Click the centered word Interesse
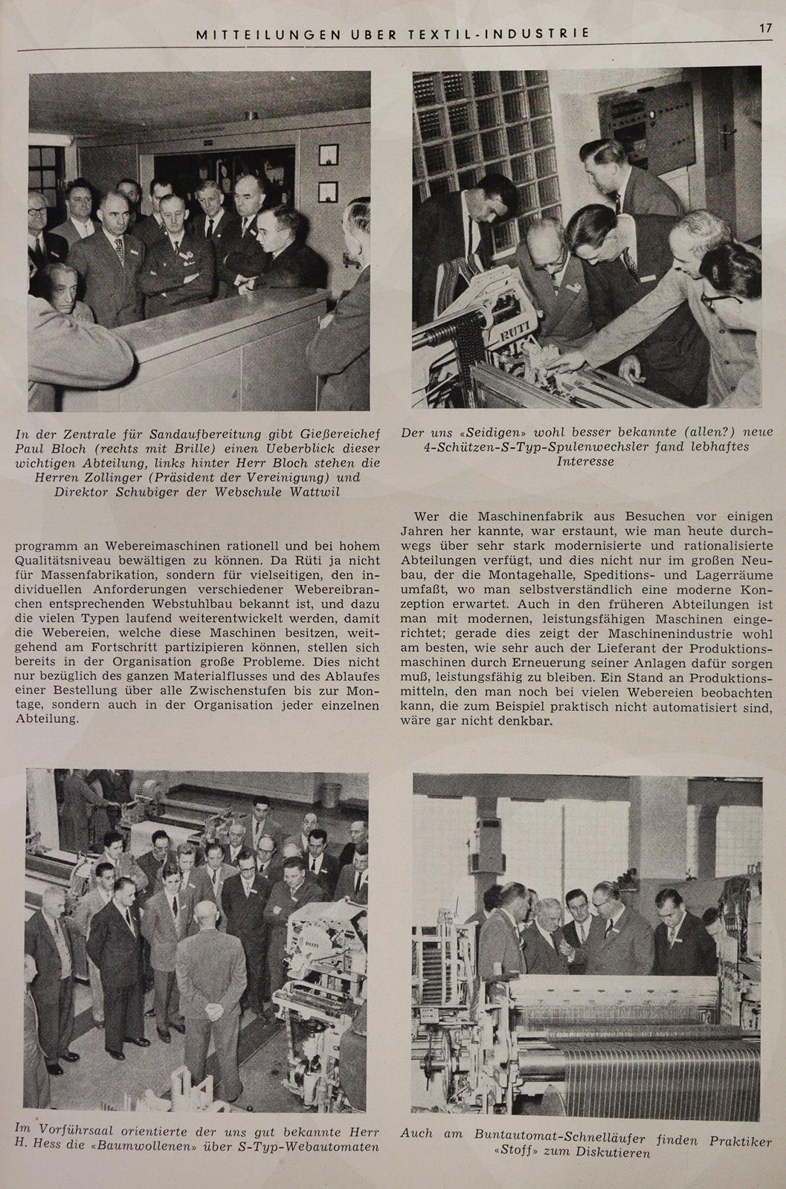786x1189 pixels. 585,461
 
